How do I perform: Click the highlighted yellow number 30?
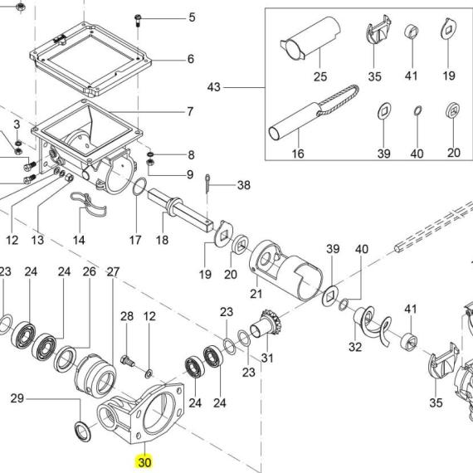(x=144, y=462)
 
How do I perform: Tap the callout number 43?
(x=214, y=87)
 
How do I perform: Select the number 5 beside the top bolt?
(x=193, y=17)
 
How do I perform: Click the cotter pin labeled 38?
(x=207, y=183)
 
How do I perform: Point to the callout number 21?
(x=256, y=294)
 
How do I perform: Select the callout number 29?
(x=17, y=398)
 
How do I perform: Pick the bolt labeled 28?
(x=128, y=361)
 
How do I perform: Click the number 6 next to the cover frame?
(x=191, y=59)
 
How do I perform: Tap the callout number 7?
(x=190, y=112)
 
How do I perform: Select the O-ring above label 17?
(x=139, y=187)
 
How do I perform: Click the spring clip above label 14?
(x=89, y=204)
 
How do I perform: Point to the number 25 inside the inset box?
(x=320, y=76)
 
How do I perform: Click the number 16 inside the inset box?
(x=298, y=154)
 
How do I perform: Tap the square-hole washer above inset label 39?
(x=384, y=111)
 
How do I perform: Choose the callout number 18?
(x=162, y=240)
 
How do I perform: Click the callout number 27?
(x=113, y=272)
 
